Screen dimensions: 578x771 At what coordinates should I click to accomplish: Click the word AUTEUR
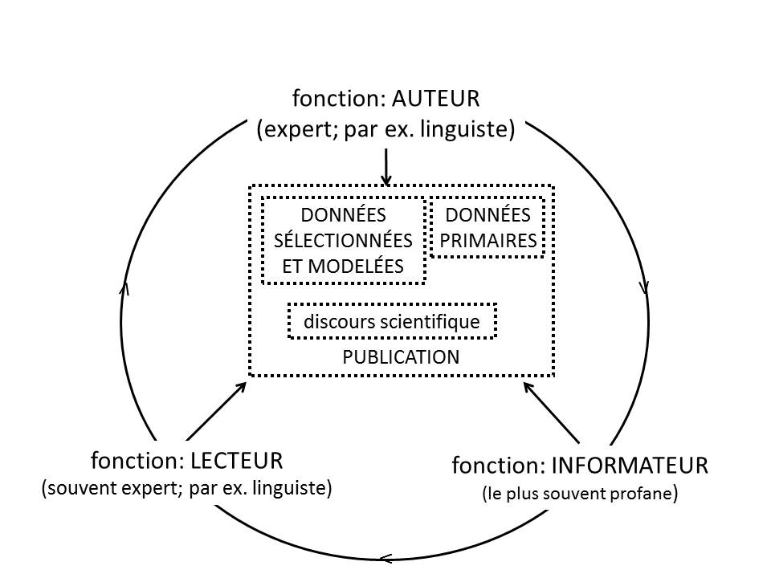coord(435,100)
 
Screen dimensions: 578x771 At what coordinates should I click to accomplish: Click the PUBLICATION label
coord(401,358)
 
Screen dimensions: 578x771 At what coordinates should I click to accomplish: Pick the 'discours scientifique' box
coord(392,322)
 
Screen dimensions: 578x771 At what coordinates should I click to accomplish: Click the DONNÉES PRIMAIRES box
coord(487,228)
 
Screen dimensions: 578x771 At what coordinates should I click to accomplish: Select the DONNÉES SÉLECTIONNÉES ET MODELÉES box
coord(344,240)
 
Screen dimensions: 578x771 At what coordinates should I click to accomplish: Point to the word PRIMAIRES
coord(487,241)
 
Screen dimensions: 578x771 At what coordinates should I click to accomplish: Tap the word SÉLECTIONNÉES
coord(344,240)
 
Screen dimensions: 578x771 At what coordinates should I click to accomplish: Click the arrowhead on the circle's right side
coord(645,287)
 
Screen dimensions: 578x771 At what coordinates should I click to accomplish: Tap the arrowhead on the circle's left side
coord(124,287)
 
